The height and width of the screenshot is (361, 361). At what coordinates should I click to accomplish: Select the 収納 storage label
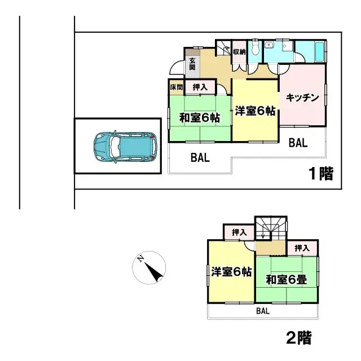pos(239,52)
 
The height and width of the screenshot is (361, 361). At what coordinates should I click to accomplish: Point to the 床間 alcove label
pos(177,87)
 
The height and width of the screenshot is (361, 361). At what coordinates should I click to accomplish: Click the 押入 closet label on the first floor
pos(200,87)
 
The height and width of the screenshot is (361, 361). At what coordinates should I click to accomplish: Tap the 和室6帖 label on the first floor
pos(200,118)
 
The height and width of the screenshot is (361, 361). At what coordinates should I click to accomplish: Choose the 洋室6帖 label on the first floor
pos(255,111)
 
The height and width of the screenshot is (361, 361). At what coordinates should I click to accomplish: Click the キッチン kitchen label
pos(303,98)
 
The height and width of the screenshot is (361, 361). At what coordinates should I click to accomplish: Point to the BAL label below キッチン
pos(298,143)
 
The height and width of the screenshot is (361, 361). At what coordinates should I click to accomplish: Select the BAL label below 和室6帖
pos(200,159)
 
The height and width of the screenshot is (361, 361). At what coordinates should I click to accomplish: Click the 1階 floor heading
pos(320,174)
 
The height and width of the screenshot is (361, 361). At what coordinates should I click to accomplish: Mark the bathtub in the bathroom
pos(317,52)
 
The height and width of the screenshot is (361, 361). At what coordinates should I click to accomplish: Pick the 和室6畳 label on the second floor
pos(286,279)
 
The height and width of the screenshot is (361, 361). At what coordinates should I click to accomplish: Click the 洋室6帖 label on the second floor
pos(231,272)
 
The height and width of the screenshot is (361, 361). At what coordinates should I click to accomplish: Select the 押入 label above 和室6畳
pos(302,248)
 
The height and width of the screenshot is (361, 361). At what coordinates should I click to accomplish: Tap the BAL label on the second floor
pos(263,311)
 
